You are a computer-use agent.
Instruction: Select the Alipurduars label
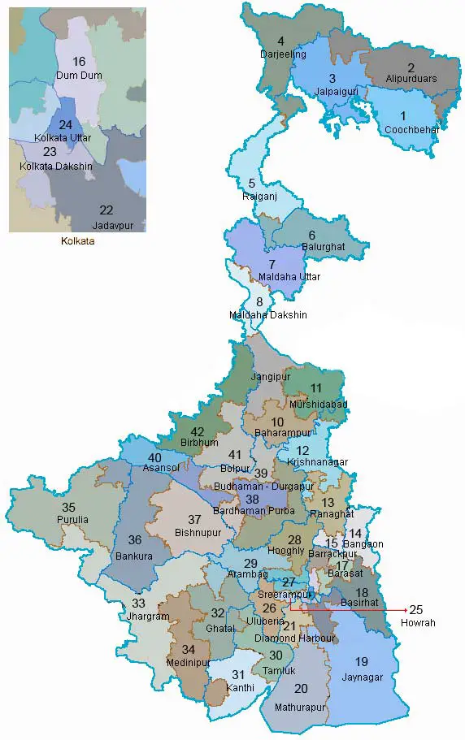pyautogui.click(x=411, y=80)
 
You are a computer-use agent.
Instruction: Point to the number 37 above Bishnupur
pyautogui.click(x=194, y=519)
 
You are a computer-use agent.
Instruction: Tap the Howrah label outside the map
pyautogui.click(x=419, y=623)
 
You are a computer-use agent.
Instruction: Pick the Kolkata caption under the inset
pyautogui.click(x=77, y=240)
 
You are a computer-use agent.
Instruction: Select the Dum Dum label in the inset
pyautogui.click(x=78, y=76)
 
